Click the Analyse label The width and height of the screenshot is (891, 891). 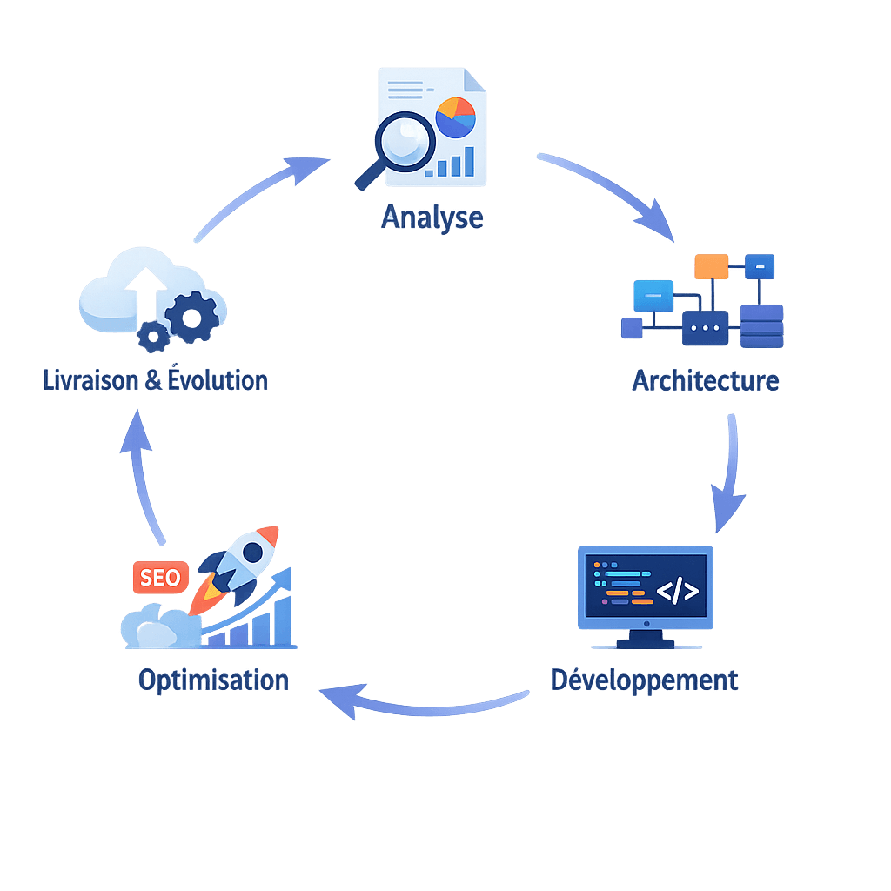(432, 217)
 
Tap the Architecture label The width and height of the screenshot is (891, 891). (705, 380)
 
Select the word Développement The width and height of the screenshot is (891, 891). (645, 680)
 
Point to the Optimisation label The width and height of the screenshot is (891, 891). (213, 680)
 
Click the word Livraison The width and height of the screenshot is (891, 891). (91, 380)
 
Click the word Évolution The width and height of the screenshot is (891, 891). (218, 380)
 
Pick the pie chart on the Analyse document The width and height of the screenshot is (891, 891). (455, 117)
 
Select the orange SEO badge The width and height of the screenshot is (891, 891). (160, 577)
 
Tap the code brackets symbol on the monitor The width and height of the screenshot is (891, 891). (677, 592)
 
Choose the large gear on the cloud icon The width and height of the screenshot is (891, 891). (191, 318)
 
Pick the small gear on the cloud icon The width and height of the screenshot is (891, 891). (154, 337)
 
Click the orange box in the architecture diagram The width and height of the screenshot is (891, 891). (712, 266)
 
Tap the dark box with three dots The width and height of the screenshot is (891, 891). (705, 329)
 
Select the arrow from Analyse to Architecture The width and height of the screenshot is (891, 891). (609, 194)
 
